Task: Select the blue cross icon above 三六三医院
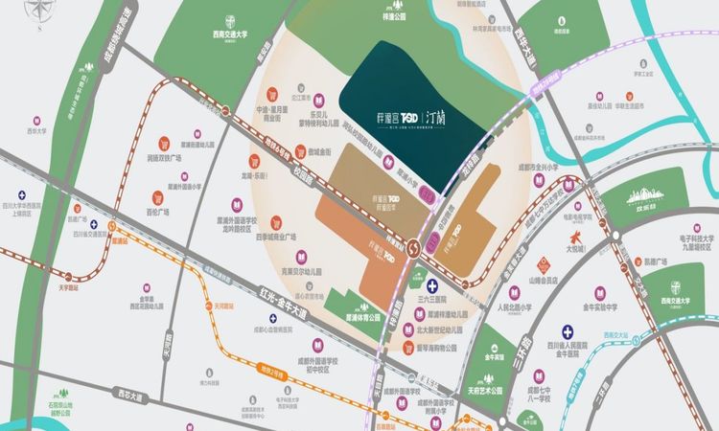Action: click(433, 285)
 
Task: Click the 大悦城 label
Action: click(574, 247)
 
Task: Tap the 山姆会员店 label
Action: click(545, 281)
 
